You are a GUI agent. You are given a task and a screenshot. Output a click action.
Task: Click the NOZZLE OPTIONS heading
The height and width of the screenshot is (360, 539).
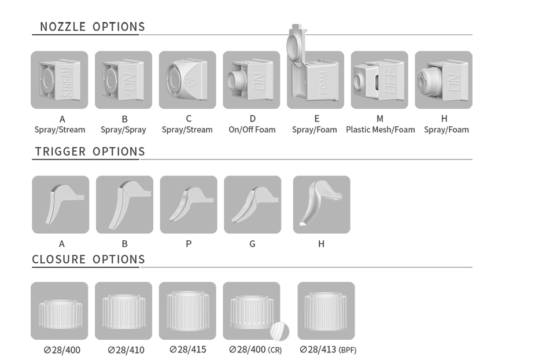point(93,27)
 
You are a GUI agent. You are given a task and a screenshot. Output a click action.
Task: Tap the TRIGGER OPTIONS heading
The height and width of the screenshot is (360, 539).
point(90,152)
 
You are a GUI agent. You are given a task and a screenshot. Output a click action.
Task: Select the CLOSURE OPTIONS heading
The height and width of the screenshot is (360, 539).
point(88,259)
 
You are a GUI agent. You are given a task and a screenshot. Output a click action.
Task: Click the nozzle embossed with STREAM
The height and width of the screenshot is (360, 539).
point(60,80)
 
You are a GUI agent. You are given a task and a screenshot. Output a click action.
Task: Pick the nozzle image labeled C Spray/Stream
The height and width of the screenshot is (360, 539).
point(187,80)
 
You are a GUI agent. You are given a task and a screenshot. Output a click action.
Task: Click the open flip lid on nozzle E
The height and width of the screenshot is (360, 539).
point(296,43)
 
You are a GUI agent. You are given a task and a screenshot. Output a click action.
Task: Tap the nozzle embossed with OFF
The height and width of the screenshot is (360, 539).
point(379,80)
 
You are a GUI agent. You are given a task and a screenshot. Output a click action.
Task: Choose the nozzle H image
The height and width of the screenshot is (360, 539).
point(444,80)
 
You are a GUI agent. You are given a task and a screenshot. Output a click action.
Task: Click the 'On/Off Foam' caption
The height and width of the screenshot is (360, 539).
point(252,130)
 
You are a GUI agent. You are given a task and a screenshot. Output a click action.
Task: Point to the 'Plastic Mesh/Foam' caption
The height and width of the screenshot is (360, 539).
point(380,130)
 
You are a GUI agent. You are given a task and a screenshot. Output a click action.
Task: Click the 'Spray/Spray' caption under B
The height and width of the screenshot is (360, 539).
point(123,130)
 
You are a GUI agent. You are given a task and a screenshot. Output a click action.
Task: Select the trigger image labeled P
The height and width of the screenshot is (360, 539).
point(189,205)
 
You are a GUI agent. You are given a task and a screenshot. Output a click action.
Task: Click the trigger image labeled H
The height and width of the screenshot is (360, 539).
point(322,205)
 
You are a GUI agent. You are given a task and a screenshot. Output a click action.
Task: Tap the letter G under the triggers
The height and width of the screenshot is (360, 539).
point(252,244)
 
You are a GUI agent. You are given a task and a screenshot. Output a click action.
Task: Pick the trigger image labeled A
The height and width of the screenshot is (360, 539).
point(61,205)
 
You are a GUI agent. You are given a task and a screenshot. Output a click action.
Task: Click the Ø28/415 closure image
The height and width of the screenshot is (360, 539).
point(187,311)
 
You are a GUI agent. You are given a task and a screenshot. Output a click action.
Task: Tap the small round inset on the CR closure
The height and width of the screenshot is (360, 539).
point(279,332)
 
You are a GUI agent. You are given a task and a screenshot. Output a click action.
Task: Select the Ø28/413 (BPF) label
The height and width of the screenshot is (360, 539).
point(328,350)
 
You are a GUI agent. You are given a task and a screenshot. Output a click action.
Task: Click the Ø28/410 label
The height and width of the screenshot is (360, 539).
point(126,350)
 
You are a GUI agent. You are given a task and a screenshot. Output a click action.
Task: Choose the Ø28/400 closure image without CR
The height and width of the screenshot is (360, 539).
point(60,311)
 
